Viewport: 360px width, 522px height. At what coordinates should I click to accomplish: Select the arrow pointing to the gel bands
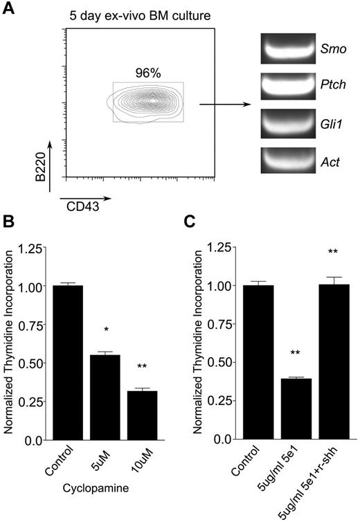point(224,105)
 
